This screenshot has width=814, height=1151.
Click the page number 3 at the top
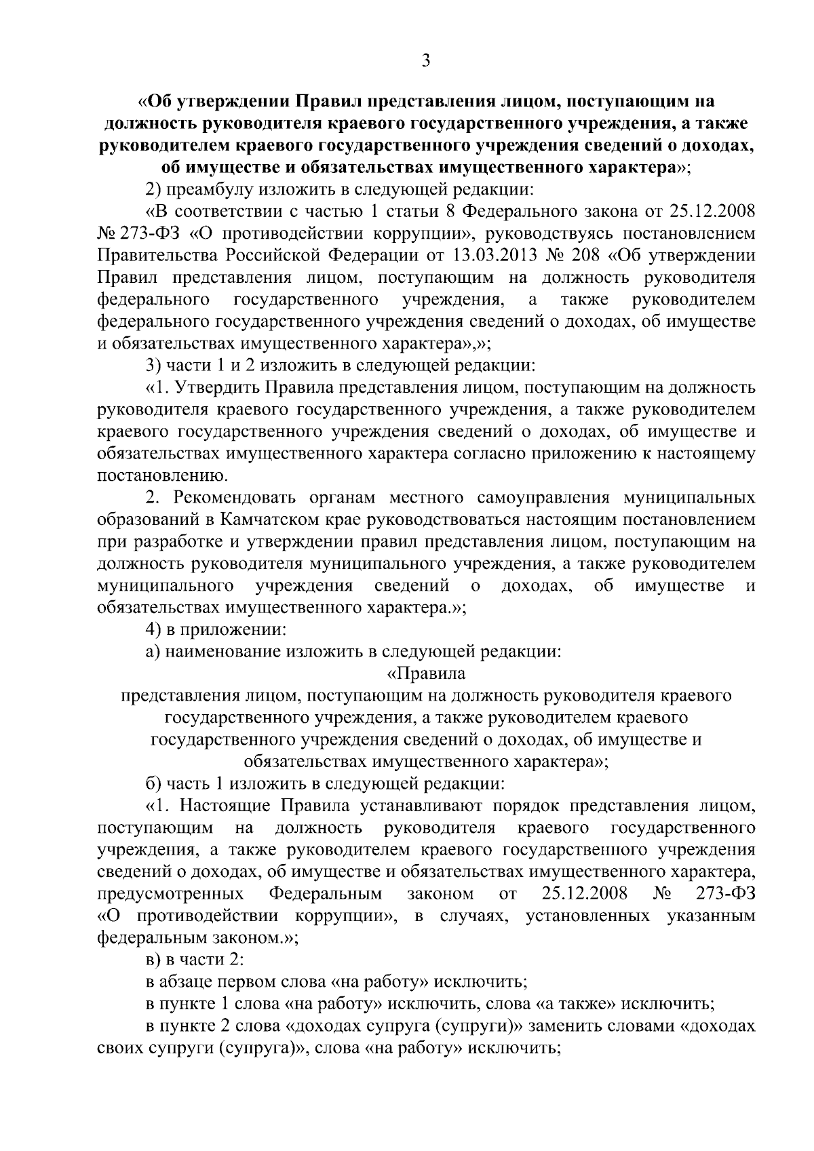(x=425, y=61)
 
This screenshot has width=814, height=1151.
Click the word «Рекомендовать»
(x=237, y=498)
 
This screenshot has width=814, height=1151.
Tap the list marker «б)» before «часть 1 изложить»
(x=154, y=784)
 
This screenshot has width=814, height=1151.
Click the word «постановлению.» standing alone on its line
(x=157, y=475)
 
